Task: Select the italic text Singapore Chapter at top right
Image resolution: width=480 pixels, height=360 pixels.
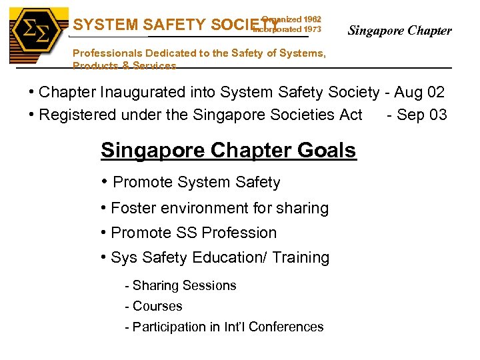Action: pos(400,31)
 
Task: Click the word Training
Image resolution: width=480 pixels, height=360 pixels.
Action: pos(305,257)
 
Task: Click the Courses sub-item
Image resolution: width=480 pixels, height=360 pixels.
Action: pos(157,306)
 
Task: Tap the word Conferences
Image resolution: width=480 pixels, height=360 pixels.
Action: pos(285,327)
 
